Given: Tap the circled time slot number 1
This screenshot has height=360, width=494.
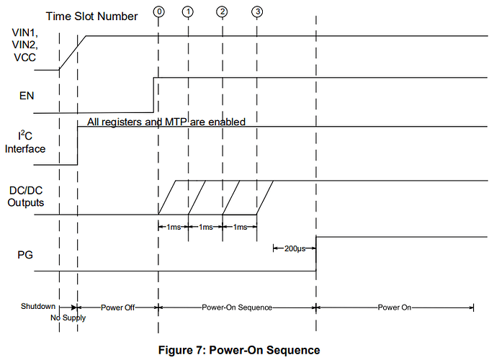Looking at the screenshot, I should coord(188,12).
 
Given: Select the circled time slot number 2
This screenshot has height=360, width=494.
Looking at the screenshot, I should coord(222,12).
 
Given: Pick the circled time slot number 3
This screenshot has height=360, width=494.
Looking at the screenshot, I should coord(256,12).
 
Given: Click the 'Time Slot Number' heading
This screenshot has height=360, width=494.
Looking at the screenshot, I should coord(92,16).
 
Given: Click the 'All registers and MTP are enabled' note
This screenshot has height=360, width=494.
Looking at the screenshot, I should coord(166,122).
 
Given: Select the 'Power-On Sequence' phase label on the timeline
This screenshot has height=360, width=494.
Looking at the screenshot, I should coord(237,307).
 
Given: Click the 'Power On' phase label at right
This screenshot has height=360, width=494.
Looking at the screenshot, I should coord(394,307).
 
